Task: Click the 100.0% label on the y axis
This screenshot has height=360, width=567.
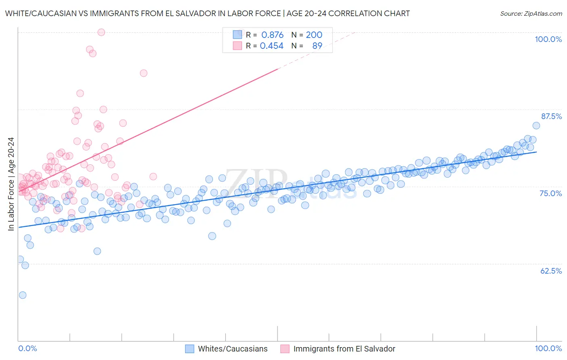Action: click(548, 39)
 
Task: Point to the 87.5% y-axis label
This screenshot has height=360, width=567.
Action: click(551, 116)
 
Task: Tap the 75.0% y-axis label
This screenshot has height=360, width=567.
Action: click(550, 193)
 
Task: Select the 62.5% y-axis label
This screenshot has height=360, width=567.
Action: click(551, 271)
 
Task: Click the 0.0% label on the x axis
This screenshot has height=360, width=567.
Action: click(27, 348)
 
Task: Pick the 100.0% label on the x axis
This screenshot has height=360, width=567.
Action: click(548, 348)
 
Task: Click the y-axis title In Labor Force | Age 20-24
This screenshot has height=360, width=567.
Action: click(11, 184)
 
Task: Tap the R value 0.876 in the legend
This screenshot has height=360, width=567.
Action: click(272, 35)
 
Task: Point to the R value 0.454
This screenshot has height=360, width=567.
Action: click(271, 46)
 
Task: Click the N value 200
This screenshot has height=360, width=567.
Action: click(314, 35)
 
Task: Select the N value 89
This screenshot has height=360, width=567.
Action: click(317, 46)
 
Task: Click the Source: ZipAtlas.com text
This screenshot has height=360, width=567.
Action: click(531, 14)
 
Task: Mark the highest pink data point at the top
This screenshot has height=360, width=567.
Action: click(101, 32)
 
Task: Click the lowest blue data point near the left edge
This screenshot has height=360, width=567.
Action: click(23, 295)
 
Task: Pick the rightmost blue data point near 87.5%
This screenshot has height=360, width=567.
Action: click(536, 126)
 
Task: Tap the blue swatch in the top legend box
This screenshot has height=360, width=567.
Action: click(237, 35)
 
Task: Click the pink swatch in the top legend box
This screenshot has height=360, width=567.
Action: click(237, 46)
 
